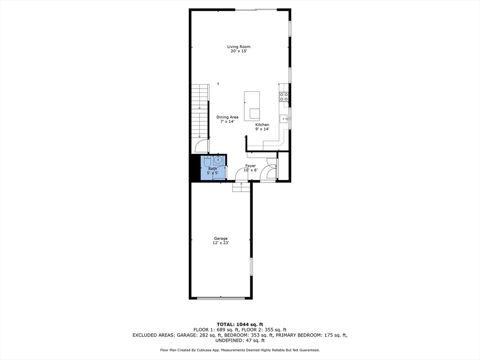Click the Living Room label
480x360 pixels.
[x=239, y=46]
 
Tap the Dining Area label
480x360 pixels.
[x=227, y=117]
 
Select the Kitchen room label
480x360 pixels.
[x=262, y=125]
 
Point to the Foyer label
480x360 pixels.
[x=250, y=165]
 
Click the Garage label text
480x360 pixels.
[x=221, y=238]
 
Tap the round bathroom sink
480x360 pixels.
[x=218, y=160]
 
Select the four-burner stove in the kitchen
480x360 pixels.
[x=284, y=97]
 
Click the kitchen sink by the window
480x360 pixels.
[x=284, y=119]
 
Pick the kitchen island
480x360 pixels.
[x=252, y=106]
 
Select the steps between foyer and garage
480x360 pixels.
[x=241, y=187]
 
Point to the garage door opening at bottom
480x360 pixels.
[x=220, y=298]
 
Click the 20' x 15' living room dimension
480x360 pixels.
[x=239, y=51]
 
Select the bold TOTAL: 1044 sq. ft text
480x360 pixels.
[x=240, y=324]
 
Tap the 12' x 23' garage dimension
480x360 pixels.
[x=221, y=243]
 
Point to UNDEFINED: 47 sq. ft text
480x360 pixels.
[x=240, y=340]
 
